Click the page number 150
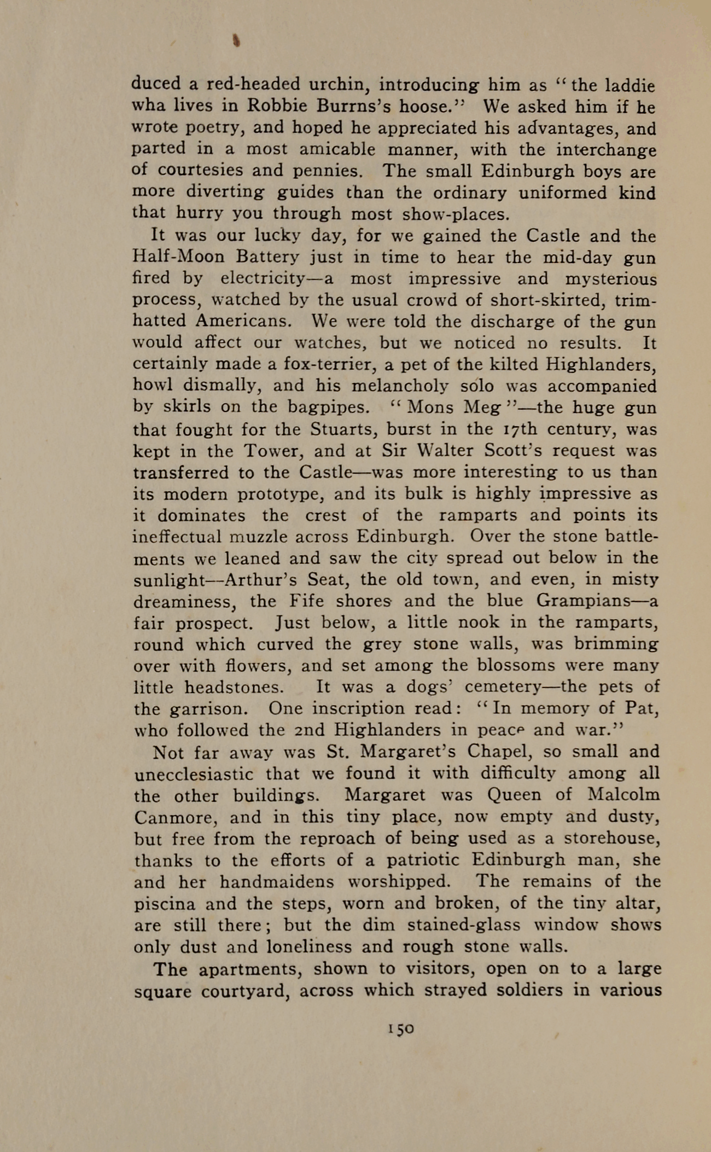click(x=401, y=1028)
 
